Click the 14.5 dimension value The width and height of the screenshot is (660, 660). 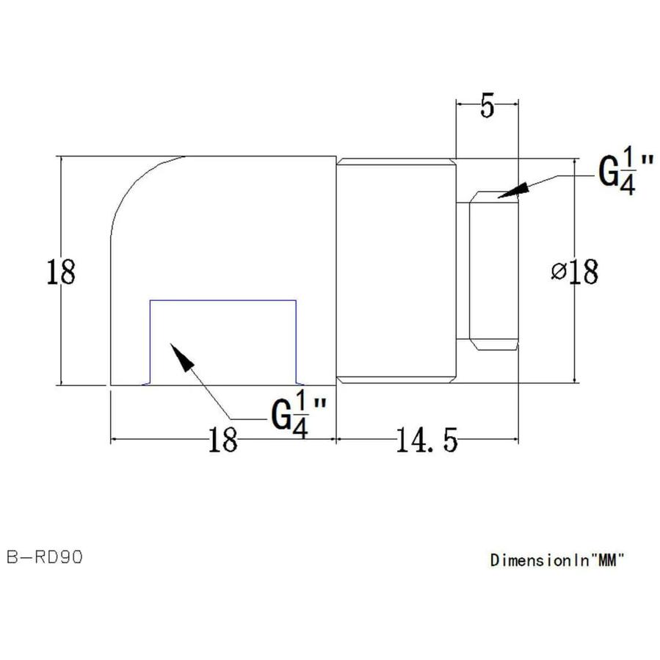[427, 442]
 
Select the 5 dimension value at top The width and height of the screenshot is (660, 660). [487, 107]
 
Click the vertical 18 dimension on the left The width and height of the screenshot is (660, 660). [60, 272]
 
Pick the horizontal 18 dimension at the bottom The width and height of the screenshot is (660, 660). [222, 442]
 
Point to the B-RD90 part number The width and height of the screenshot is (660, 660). [45, 557]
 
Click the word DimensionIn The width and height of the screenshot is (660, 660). [540, 560]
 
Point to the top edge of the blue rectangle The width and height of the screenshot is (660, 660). [222, 300]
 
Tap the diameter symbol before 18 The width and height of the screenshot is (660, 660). [557, 272]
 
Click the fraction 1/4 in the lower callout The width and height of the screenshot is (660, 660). [299, 416]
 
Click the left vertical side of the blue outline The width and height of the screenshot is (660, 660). [151, 341]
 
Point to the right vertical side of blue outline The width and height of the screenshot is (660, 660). [295, 341]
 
